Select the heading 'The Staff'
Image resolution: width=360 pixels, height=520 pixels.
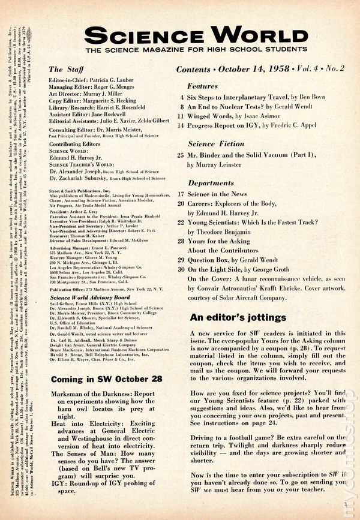[63, 70]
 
